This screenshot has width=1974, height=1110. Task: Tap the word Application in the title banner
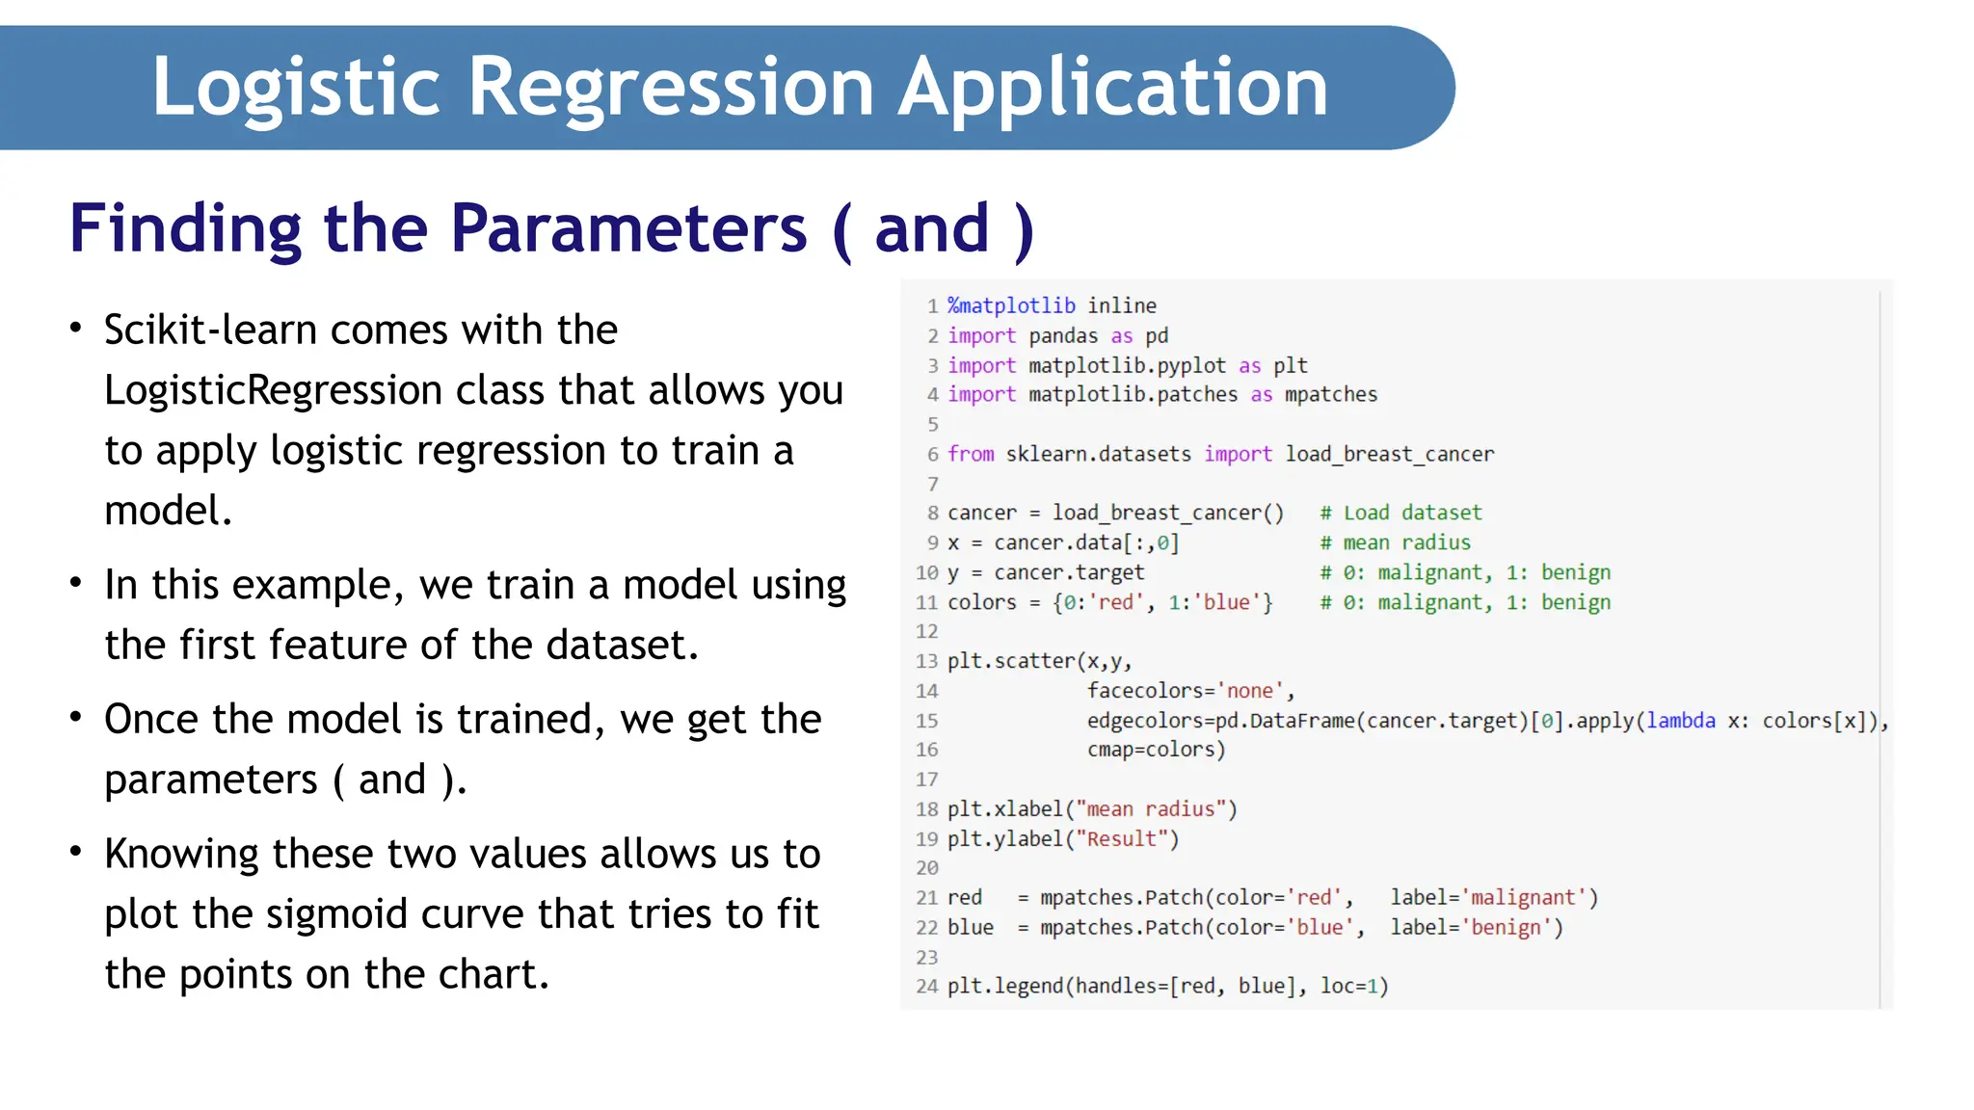[1113, 88]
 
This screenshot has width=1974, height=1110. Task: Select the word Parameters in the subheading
[628, 228]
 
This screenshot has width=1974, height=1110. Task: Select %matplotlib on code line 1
[1011, 306]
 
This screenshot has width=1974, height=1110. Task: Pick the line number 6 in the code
[932, 454]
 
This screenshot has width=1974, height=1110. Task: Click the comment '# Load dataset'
[1400, 513]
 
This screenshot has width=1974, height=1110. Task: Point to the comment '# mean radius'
[1395, 542]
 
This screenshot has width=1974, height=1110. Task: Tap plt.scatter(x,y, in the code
[1039, 661]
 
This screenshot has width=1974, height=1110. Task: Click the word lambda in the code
[1681, 721]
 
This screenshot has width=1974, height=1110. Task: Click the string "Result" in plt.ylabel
[1121, 838]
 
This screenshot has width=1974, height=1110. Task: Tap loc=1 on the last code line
[1353, 987]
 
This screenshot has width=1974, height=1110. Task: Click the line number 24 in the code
[926, 987]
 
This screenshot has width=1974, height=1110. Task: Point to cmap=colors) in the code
[1156, 750]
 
